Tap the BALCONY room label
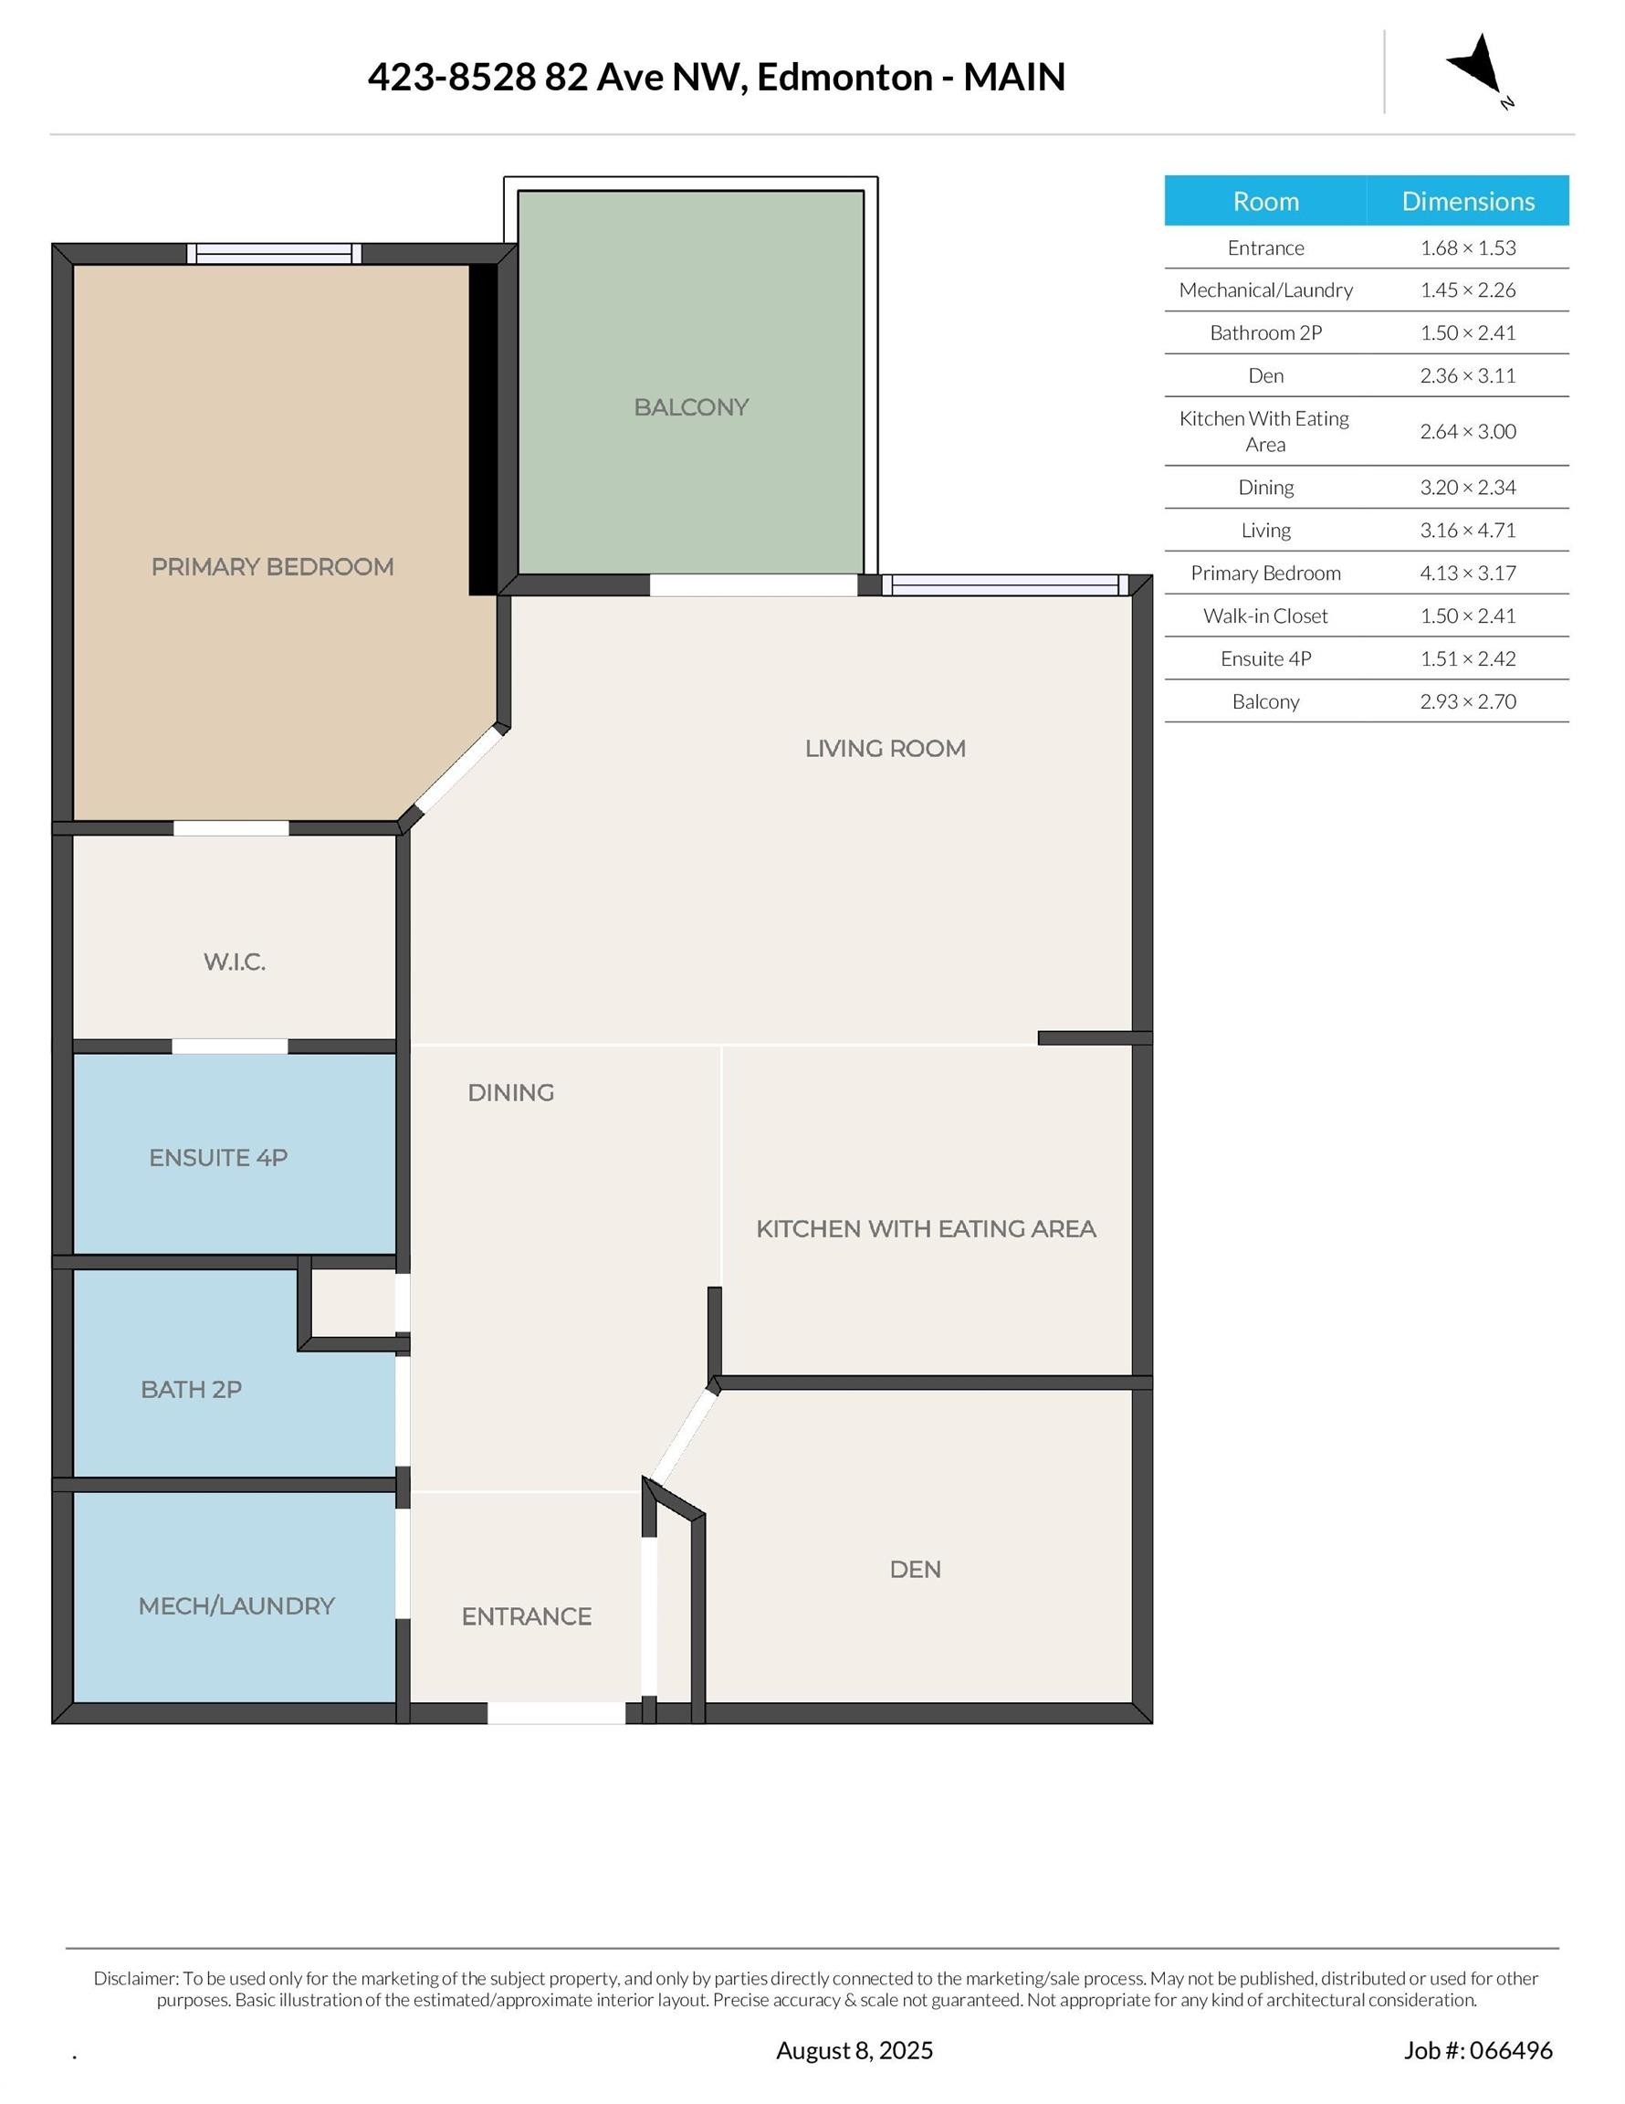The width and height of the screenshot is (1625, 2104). (691, 406)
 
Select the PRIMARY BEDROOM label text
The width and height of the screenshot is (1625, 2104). (273, 566)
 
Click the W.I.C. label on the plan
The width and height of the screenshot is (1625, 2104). (234, 962)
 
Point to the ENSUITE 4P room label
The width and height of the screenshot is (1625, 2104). (219, 1157)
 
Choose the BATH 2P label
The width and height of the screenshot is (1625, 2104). (191, 1389)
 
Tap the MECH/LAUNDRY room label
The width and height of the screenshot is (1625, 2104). (236, 1606)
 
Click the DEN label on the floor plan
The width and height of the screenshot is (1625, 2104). (915, 1570)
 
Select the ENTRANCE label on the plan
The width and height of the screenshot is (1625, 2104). (526, 1616)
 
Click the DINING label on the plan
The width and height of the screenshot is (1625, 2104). (510, 1092)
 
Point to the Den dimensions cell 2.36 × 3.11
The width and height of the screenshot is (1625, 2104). (1467, 375)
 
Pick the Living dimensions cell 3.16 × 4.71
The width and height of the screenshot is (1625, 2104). (1467, 530)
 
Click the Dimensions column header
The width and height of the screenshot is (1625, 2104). (1468, 200)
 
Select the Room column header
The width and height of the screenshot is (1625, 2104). (1265, 200)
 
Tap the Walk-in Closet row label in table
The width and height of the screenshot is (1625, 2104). (1264, 615)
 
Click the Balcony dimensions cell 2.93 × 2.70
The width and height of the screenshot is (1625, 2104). (1467, 701)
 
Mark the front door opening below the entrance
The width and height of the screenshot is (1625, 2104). (556, 1713)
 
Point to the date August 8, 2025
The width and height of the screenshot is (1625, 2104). (854, 2050)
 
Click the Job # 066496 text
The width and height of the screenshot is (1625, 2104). (1478, 2050)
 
